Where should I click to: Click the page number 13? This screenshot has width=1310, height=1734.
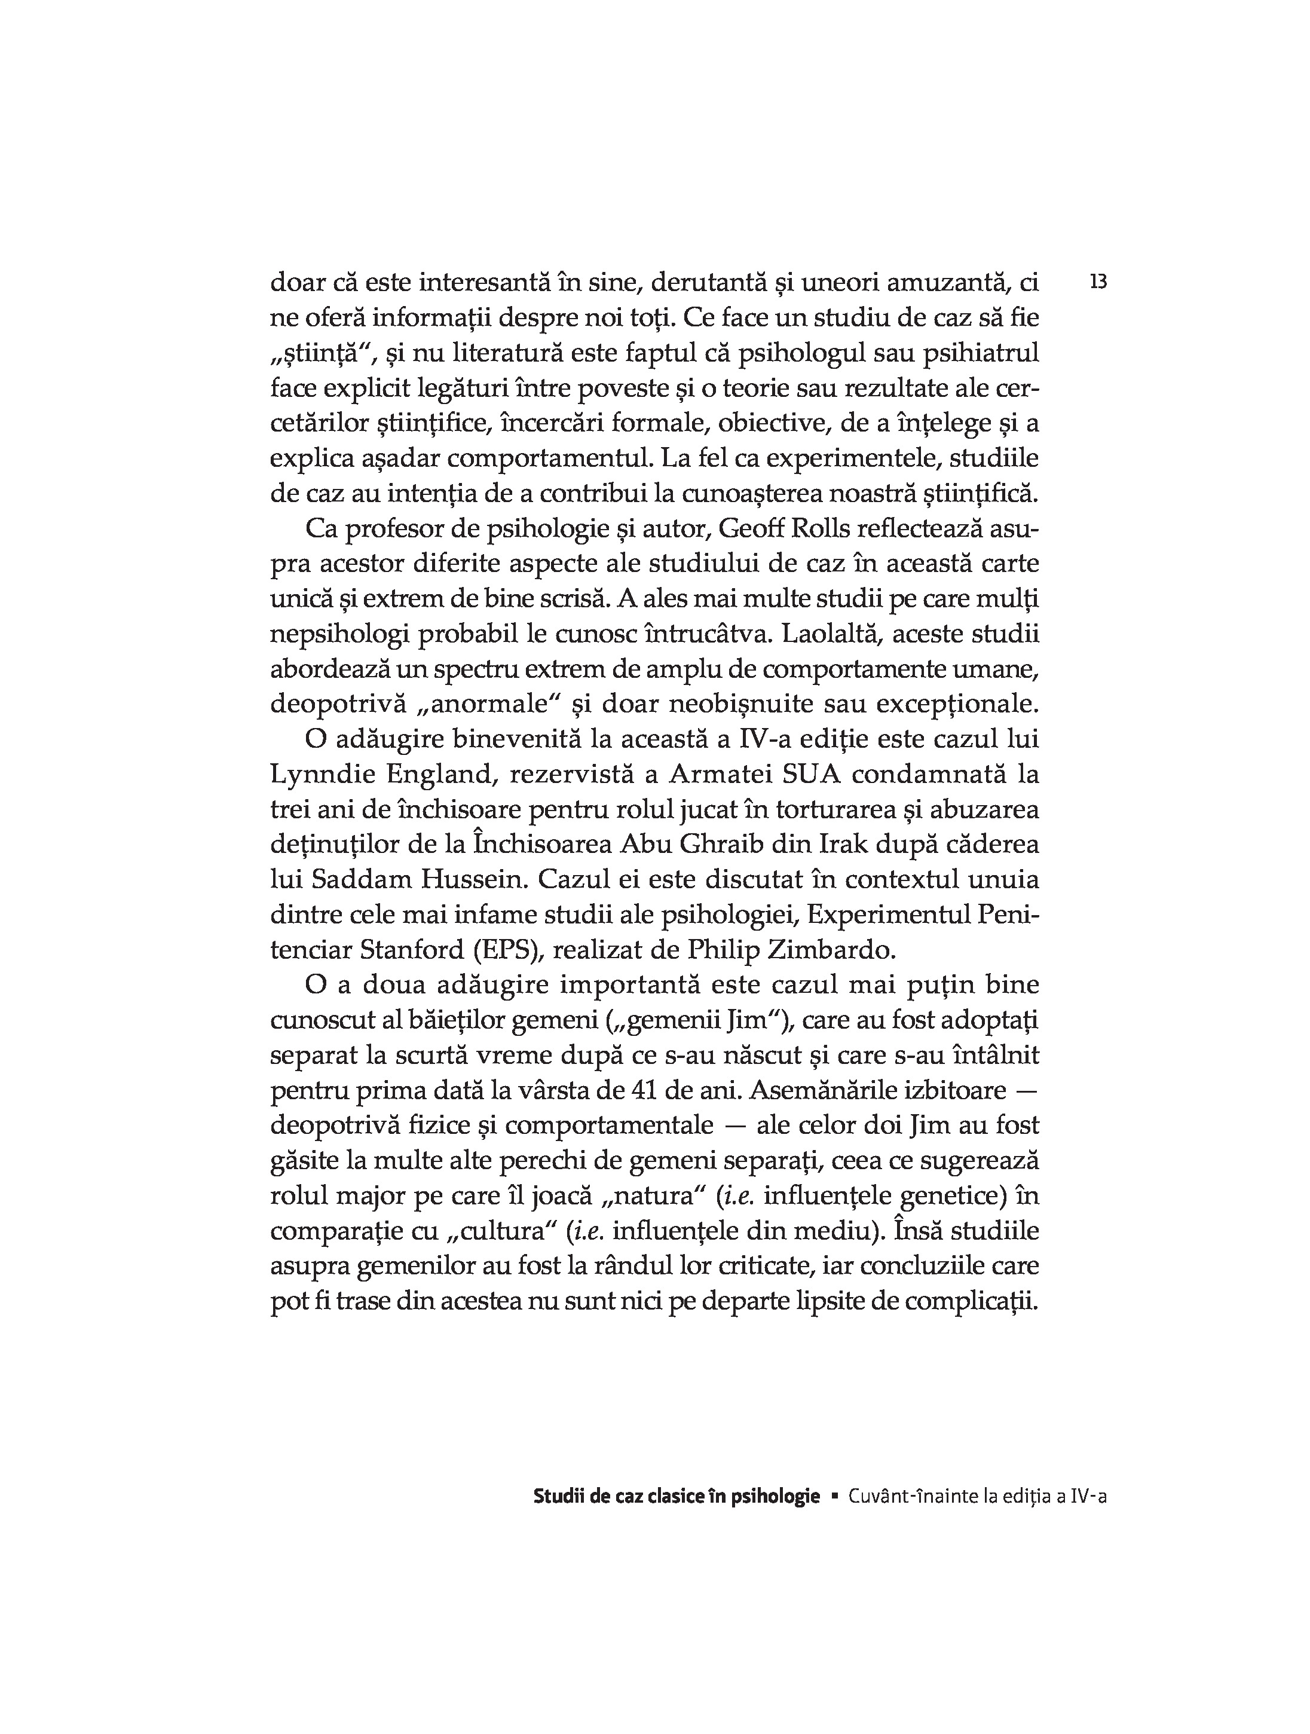1098,282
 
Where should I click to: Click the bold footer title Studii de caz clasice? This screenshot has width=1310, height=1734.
611,1497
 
